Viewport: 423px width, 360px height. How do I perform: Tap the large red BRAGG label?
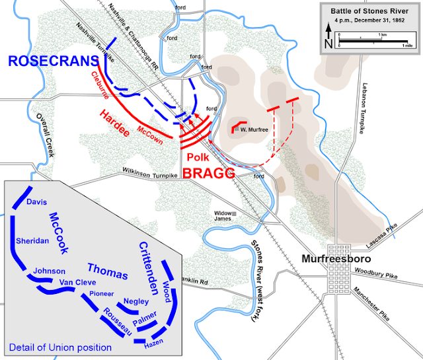click(210, 174)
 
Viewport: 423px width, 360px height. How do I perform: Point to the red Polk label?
click(199, 157)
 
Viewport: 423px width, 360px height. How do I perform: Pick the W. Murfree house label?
click(253, 129)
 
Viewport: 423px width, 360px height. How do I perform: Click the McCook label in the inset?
click(60, 228)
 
